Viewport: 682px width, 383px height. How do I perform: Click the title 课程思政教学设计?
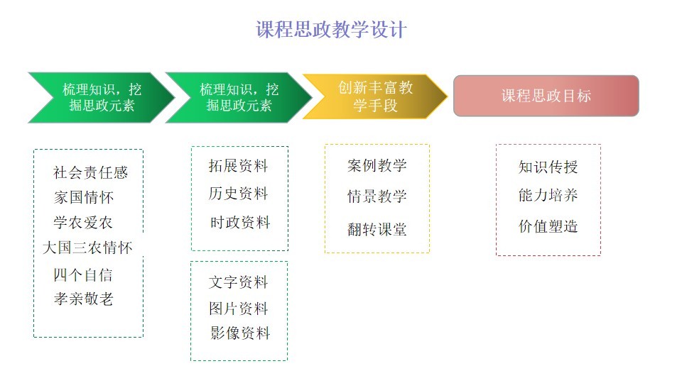(331, 30)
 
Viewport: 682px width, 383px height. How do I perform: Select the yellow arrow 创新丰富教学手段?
(375, 96)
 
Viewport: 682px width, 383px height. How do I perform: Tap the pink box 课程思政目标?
(546, 96)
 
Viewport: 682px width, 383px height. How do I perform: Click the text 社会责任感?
(90, 172)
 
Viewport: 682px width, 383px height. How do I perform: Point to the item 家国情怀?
(84, 197)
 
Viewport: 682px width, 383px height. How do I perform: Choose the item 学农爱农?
(83, 222)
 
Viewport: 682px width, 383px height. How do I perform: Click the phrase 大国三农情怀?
(87, 248)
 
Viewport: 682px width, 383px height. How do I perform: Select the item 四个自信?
(83, 274)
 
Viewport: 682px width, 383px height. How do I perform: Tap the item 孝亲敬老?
(84, 299)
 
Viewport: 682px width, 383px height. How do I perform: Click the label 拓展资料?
(238, 165)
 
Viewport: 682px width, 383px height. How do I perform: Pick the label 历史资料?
(238, 193)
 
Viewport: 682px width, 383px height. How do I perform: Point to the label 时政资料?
(240, 222)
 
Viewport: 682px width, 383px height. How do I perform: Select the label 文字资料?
(238, 282)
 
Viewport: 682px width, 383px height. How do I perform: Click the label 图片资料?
(238, 309)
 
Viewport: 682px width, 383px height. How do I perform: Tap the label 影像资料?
(240, 333)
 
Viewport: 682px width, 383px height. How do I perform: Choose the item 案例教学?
(377, 165)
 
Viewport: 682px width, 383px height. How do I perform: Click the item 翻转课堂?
(377, 229)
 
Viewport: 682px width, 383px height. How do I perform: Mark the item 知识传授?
(548, 167)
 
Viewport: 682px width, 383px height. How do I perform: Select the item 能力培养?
(548, 195)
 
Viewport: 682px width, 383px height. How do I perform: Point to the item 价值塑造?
(548, 226)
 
